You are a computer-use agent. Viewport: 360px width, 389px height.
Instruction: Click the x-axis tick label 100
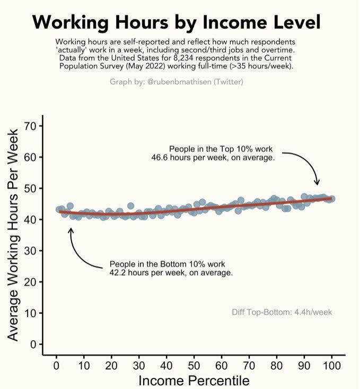pos(331,365)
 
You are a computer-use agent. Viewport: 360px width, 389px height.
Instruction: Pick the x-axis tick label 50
pos(194,365)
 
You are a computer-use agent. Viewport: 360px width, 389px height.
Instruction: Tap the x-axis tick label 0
pos(56,365)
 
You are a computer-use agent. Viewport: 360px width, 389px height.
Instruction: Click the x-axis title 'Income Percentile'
pos(194,381)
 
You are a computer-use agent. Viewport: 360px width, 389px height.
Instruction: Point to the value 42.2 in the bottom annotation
pos(118,273)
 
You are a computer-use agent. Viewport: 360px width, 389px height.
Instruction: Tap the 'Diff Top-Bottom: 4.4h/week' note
pos(282,312)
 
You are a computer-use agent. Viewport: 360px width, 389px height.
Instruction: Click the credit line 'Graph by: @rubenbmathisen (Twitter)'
pos(176,82)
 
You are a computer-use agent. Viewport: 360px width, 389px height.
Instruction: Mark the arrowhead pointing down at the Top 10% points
pos(318,183)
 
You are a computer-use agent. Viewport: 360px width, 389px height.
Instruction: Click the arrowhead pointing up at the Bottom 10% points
pos(71,230)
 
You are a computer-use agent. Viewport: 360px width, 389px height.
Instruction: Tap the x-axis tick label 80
pos(276,365)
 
